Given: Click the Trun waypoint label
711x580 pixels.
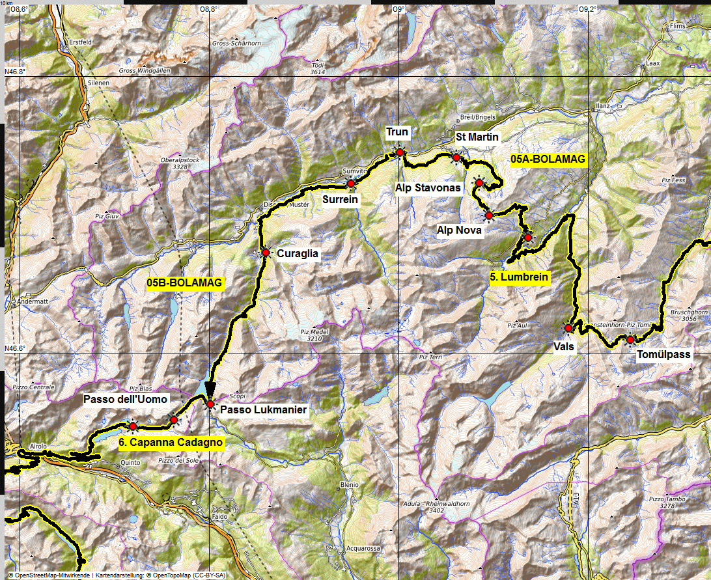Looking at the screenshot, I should pyautogui.click(x=397, y=133).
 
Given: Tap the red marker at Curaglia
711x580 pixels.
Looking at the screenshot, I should pyautogui.click(x=266, y=253).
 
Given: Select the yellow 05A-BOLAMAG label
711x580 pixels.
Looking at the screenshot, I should pyautogui.click(x=548, y=159).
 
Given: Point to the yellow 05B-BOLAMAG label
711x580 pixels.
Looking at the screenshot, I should pyautogui.click(x=185, y=283).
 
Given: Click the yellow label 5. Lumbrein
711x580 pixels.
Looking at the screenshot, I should pyautogui.click(x=520, y=277).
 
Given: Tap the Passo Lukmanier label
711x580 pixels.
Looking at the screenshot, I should pyautogui.click(x=263, y=410).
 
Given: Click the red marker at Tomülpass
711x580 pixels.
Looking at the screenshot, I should pyautogui.click(x=630, y=339).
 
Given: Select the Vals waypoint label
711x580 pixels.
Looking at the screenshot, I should pyautogui.click(x=565, y=347).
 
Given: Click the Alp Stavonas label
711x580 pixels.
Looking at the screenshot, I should pyautogui.click(x=428, y=187).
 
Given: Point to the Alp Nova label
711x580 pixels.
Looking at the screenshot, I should pyautogui.click(x=459, y=230).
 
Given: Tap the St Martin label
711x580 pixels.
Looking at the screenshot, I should pyautogui.click(x=477, y=137).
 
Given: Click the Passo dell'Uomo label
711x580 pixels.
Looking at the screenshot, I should pyautogui.click(x=126, y=399).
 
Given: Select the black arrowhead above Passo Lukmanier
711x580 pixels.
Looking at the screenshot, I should pyautogui.click(x=210, y=389).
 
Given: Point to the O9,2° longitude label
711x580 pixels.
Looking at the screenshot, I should pyautogui.click(x=587, y=8).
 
